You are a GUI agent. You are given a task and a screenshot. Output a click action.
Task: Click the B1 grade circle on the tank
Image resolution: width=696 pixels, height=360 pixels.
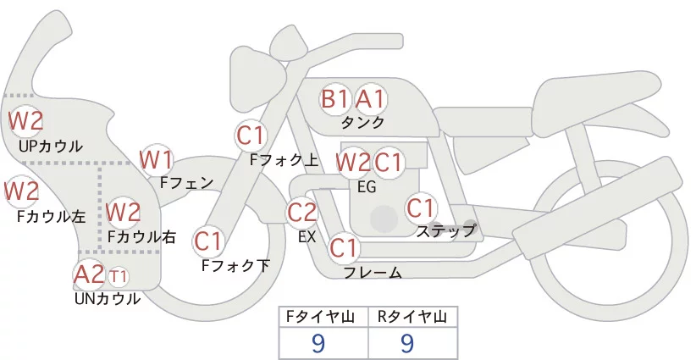[x=335, y=99]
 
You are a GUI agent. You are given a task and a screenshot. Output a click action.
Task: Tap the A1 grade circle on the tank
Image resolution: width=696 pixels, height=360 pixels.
[x=370, y=99]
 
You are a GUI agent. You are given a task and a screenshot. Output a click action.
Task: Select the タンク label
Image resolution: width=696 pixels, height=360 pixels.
[x=362, y=123]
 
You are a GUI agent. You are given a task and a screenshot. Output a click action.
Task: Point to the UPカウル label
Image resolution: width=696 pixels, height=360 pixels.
[x=51, y=146]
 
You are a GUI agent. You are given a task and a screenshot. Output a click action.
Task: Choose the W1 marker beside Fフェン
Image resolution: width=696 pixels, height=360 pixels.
[x=157, y=158]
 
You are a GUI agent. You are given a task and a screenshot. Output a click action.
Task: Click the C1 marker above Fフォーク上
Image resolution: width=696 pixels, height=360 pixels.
[x=251, y=135]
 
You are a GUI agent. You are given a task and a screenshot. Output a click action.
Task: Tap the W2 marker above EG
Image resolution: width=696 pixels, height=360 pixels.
[x=353, y=162]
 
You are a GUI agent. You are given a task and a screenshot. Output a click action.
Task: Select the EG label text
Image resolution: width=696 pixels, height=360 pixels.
[x=367, y=186]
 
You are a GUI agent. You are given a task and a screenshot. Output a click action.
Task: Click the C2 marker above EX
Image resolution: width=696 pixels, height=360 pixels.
[x=302, y=212]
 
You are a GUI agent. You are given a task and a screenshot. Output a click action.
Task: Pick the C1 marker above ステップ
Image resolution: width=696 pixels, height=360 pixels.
[x=421, y=208]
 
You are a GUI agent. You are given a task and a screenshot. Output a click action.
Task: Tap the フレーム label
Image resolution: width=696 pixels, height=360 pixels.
[x=373, y=273]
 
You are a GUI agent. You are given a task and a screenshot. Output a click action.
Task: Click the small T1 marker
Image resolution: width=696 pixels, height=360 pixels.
[x=118, y=276]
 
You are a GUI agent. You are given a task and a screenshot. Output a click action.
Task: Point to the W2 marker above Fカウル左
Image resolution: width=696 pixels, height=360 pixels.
[x=22, y=191]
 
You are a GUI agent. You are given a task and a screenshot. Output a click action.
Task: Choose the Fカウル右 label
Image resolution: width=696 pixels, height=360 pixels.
[x=141, y=237]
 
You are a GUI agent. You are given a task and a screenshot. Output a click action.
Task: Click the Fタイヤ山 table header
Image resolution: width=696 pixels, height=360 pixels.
[x=324, y=317]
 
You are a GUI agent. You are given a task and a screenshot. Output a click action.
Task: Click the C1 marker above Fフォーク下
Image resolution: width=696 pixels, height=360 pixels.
[x=208, y=241]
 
